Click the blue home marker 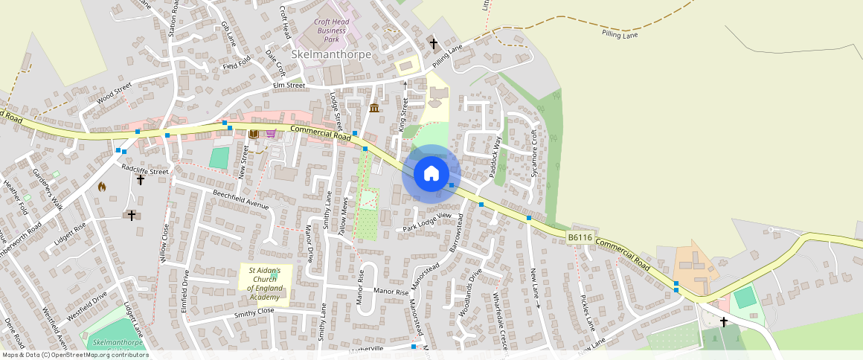[431, 174]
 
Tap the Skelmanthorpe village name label [331, 55]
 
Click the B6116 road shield [580, 238]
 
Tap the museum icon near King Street [373, 109]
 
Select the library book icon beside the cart [254, 133]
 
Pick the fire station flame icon [102, 187]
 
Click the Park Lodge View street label [427, 221]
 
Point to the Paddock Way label [496, 157]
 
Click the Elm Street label [289, 86]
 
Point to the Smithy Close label [254, 310]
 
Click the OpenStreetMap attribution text [74, 355]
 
